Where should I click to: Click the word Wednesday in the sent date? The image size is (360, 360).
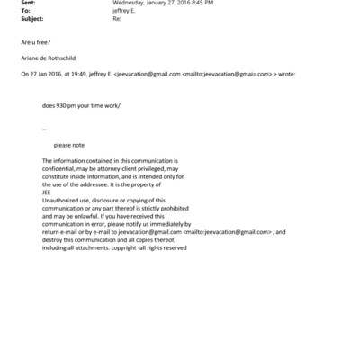[130, 4]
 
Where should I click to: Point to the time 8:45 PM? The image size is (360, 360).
[200, 4]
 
